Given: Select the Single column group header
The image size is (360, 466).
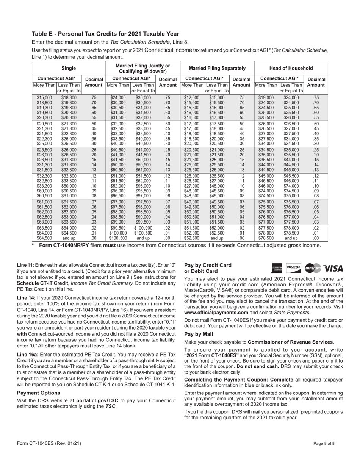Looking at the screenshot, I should tap(69, 68).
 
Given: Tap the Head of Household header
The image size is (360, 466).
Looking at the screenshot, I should tap(291, 68).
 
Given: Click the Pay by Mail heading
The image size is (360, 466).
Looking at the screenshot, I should tap(199, 334).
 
